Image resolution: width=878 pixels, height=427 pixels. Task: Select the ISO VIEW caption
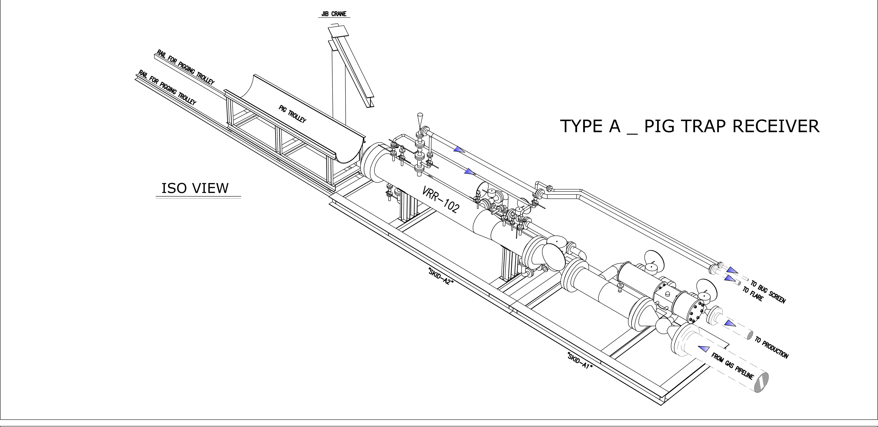[195, 188]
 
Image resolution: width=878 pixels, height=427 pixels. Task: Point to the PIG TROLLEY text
[292, 114]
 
